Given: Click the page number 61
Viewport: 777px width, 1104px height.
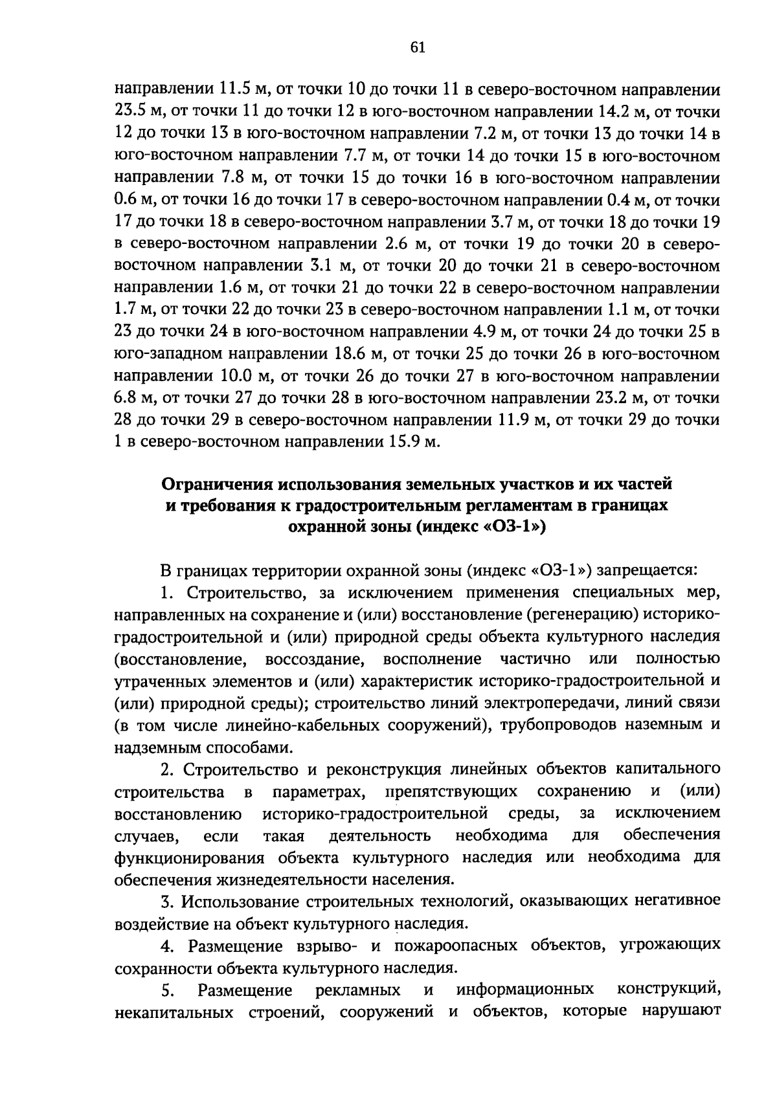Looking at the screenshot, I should [x=418, y=47].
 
